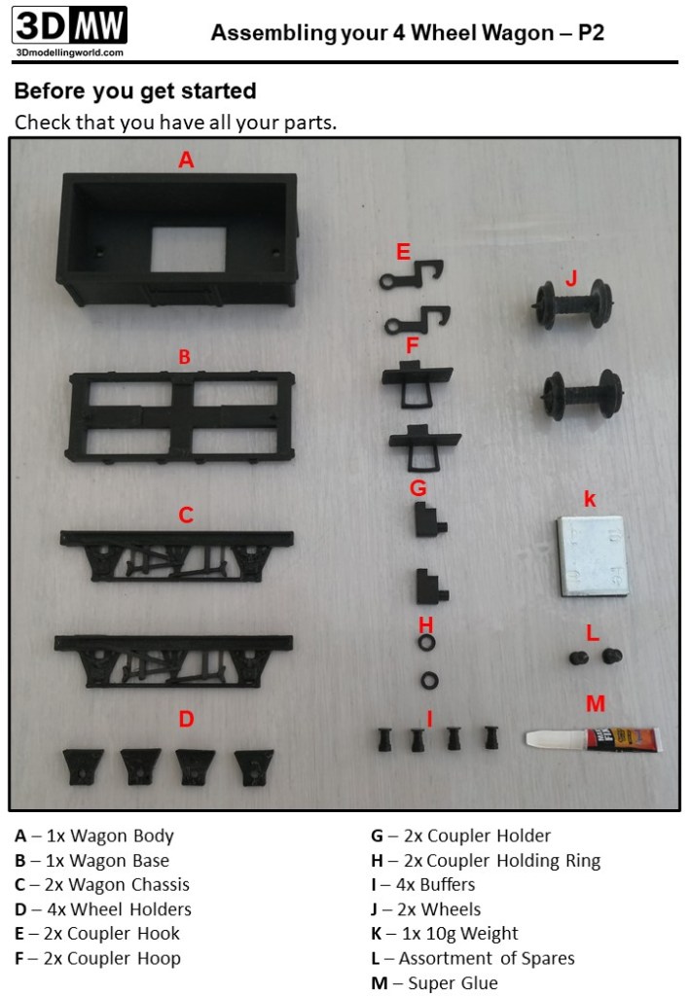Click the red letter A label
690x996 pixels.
click(x=186, y=160)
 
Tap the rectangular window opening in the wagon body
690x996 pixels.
click(x=188, y=249)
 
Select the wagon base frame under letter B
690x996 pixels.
click(x=180, y=416)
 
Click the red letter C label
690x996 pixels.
click(x=186, y=515)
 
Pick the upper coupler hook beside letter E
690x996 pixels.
click(x=412, y=275)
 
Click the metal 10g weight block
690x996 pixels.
click(x=593, y=555)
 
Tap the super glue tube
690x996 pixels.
click(x=594, y=739)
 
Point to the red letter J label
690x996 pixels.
click(x=571, y=279)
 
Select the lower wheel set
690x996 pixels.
click(x=581, y=395)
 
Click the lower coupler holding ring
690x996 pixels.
click(x=429, y=681)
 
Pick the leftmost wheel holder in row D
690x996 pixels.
click(x=83, y=767)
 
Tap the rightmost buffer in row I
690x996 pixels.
click(x=491, y=738)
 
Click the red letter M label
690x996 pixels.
click(x=596, y=704)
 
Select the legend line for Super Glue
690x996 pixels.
click(x=435, y=982)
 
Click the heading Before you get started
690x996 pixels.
click(x=135, y=90)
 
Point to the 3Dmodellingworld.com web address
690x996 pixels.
click(x=69, y=53)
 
